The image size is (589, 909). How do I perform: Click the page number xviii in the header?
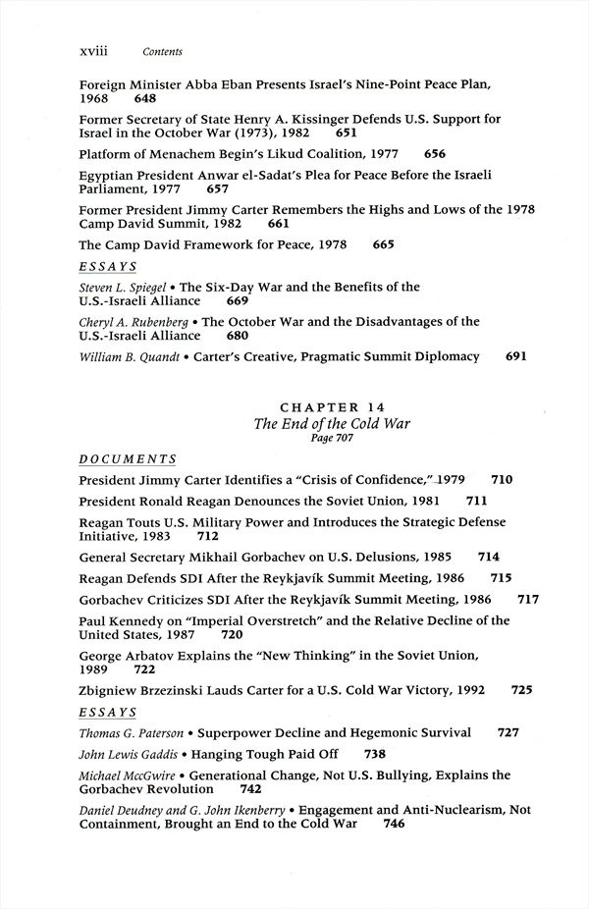(93, 50)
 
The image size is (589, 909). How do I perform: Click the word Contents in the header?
(163, 51)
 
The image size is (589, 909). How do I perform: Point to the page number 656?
(435, 154)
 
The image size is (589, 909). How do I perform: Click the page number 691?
(516, 357)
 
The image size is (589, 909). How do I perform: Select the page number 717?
(528, 598)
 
